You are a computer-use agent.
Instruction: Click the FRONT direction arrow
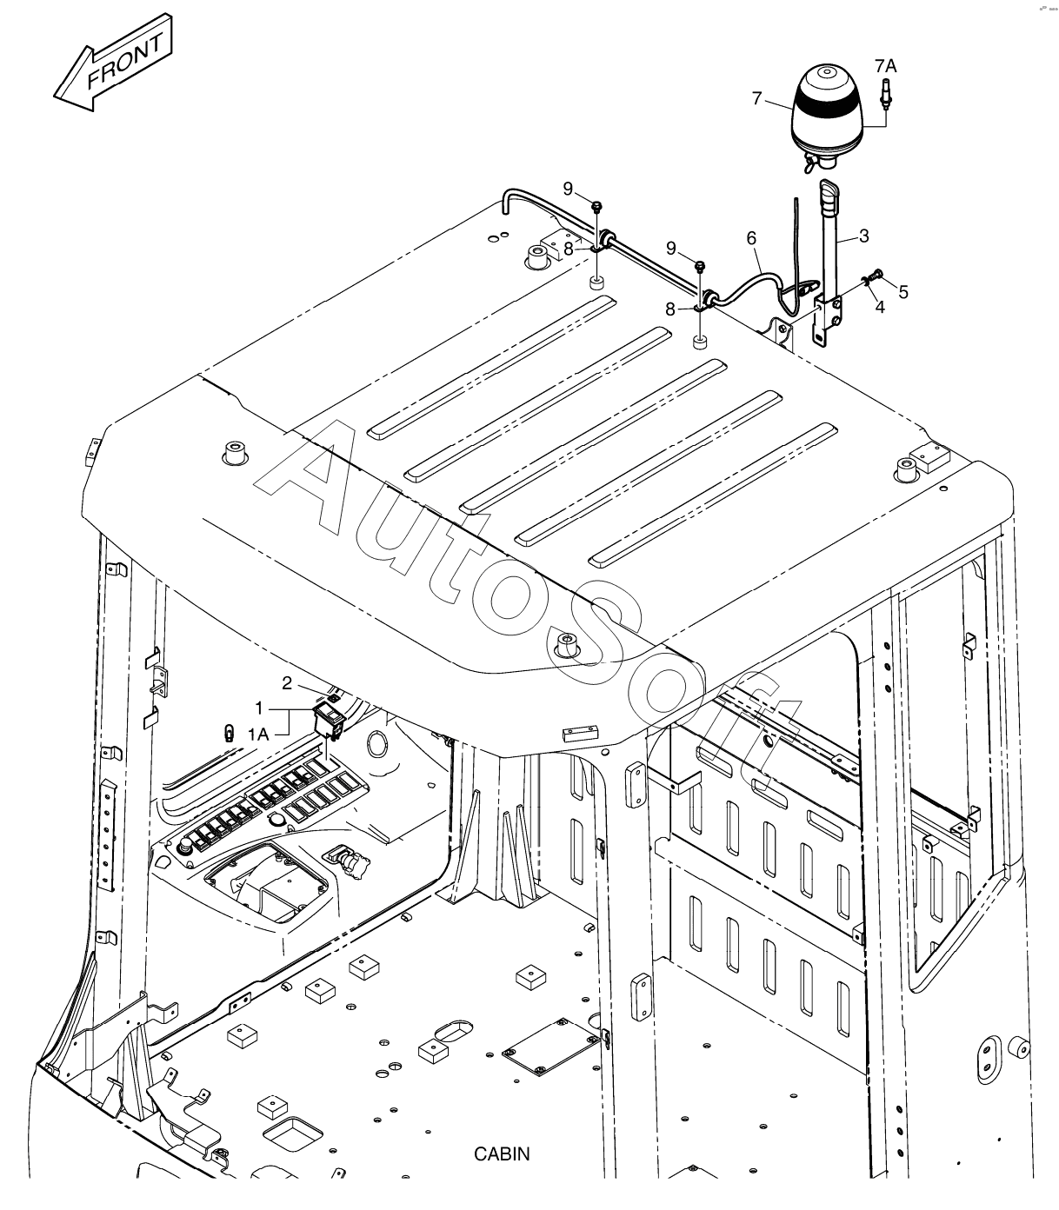(113, 67)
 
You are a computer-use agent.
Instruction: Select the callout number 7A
(885, 65)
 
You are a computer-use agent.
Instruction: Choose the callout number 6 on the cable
(751, 236)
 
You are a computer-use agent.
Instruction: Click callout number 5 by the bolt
(903, 291)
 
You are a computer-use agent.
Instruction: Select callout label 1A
(258, 735)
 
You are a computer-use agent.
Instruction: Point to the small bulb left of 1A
(229, 732)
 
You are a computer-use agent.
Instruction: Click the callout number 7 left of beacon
(756, 99)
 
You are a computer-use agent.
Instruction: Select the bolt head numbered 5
(876, 276)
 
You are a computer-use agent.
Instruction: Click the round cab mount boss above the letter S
(567, 645)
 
